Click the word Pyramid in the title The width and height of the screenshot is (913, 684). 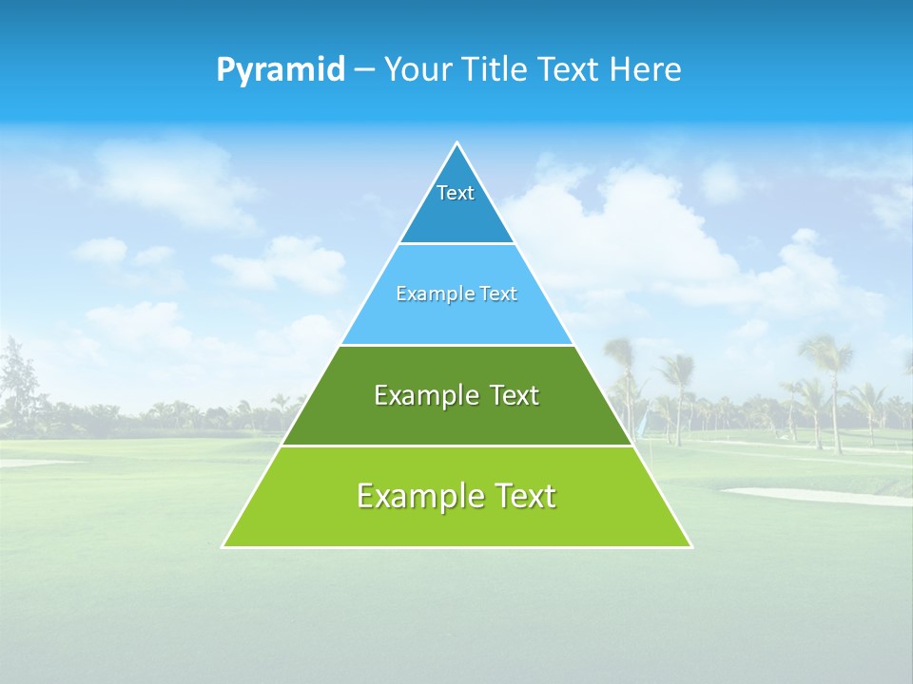(x=280, y=70)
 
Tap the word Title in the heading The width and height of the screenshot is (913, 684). (x=495, y=70)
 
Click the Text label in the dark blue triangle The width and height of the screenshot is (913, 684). (x=456, y=193)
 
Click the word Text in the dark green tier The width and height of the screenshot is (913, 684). (x=514, y=395)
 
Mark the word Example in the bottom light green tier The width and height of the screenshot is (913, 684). (x=419, y=496)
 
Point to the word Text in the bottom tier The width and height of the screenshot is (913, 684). (x=524, y=496)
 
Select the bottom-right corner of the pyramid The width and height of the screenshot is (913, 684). (x=690, y=546)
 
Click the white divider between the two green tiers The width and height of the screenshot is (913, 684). (x=457, y=446)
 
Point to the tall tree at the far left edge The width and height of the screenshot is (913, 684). (x=16, y=380)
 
